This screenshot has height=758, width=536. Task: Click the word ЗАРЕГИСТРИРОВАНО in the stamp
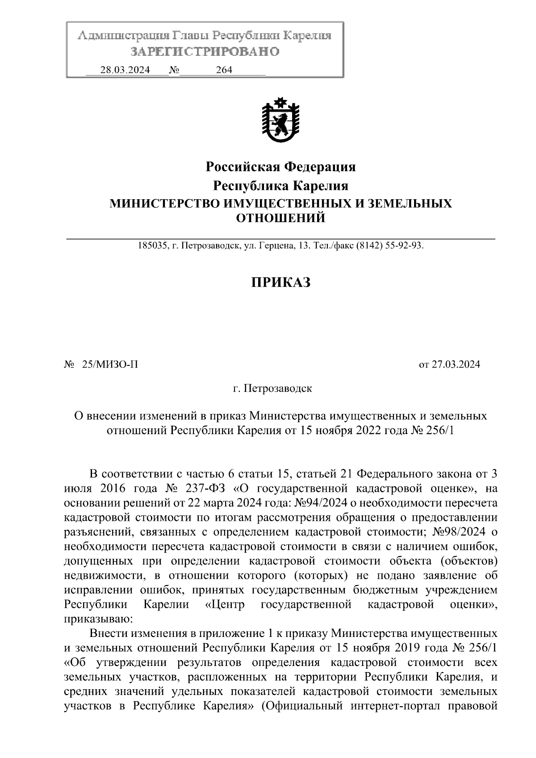tap(205, 52)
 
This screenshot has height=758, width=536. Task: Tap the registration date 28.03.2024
tap(125, 70)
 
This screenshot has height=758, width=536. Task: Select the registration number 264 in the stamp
tap(224, 70)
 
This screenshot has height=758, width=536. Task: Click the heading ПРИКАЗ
tap(281, 282)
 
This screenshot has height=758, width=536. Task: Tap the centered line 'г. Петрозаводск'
tap(272, 388)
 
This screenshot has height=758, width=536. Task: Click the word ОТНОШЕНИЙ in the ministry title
tap(281, 218)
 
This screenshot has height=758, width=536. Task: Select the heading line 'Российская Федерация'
tap(281, 167)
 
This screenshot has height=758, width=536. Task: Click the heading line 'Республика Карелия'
tap(281, 185)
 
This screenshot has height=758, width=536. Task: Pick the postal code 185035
tap(153, 246)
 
